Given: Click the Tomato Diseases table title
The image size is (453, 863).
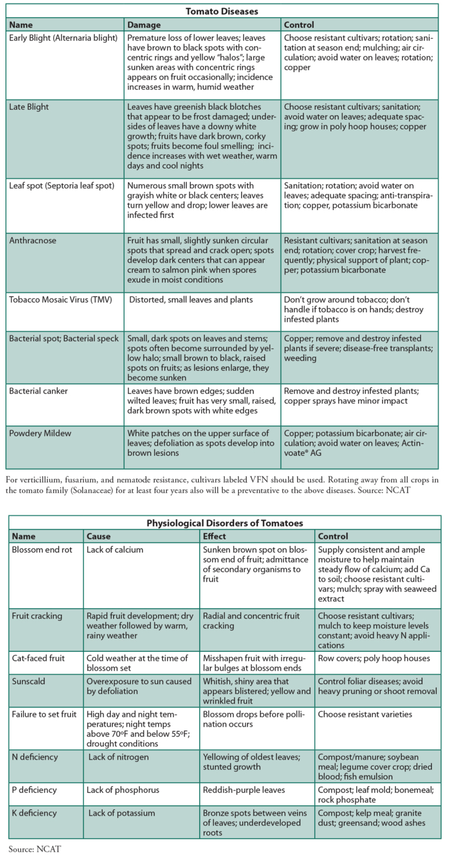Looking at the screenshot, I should pyautogui.click(x=222, y=11).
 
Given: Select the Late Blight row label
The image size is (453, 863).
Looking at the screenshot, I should pyautogui.click(x=29, y=107).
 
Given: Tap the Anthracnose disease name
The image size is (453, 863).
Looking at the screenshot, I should pyautogui.click(x=32, y=240).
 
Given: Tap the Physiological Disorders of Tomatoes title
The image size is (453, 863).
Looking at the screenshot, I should pyautogui.click(x=225, y=522).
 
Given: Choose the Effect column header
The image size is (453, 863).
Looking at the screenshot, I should pyautogui.click(x=215, y=537).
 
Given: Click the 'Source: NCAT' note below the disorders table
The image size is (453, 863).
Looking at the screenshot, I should pyautogui.click(x=35, y=849).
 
